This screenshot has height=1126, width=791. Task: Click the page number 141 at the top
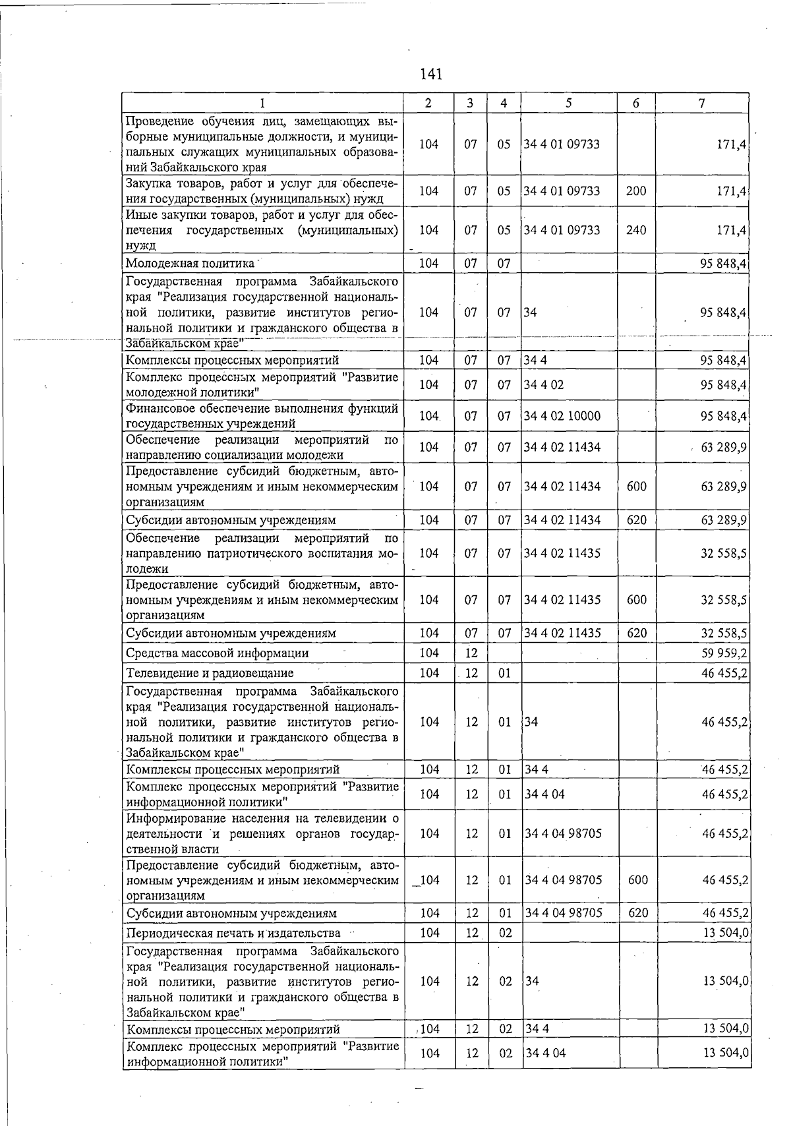(x=430, y=74)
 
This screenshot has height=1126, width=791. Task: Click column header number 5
(x=568, y=103)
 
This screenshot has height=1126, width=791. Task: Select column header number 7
(x=702, y=103)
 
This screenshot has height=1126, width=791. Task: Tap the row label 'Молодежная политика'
(x=190, y=264)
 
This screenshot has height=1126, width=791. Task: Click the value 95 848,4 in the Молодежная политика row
(x=723, y=264)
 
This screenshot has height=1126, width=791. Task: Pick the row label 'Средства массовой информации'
(x=218, y=653)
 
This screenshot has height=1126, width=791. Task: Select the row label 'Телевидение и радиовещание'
(x=210, y=673)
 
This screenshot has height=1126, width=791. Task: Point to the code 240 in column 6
(x=636, y=230)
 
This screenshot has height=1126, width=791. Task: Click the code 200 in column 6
(x=636, y=191)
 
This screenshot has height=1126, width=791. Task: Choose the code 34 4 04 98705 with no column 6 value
(x=563, y=833)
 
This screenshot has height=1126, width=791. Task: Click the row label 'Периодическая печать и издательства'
(x=233, y=933)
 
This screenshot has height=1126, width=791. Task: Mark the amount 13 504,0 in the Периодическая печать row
(x=725, y=933)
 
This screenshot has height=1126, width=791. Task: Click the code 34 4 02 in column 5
(x=544, y=385)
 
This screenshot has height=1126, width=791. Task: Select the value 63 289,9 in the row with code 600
(x=723, y=487)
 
